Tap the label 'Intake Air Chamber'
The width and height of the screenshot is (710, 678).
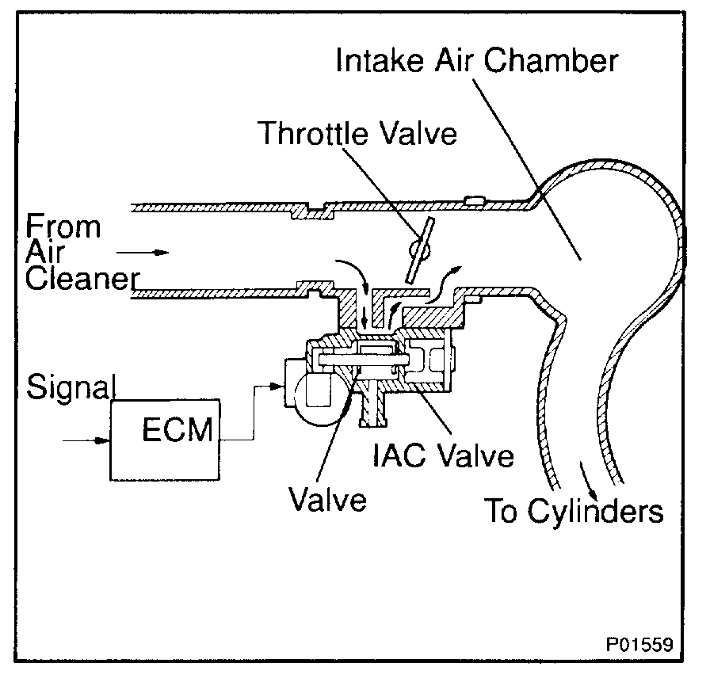tap(475, 61)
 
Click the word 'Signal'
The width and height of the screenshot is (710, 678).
tap(72, 387)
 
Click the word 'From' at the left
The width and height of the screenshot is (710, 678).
tap(63, 227)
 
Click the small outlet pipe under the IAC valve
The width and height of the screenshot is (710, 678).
tap(369, 409)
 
